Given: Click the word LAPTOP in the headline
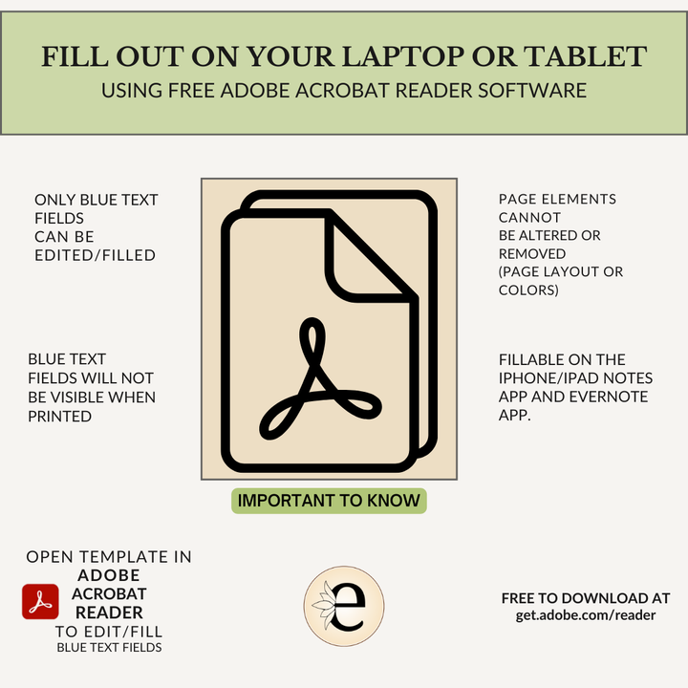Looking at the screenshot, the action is pyautogui.click(x=403, y=56).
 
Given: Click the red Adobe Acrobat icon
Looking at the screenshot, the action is pyautogui.click(x=40, y=601).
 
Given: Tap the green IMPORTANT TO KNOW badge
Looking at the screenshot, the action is pyautogui.click(x=329, y=501).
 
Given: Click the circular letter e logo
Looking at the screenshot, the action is pyautogui.click(x=344, y=606).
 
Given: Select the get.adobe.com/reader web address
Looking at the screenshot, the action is pyautogui.click(x=586, y=615).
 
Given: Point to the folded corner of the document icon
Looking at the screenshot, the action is pyautogui.click(x=363, y=265).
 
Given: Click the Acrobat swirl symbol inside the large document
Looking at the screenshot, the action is pyautogui.click(x=320, y=378).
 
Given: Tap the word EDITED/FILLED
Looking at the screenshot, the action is pyautogui.click(x=96, y=255).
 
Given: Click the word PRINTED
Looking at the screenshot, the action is pyautogui.click(x=59, y=416).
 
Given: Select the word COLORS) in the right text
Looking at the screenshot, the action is pyautogui.click(x=528, y=290).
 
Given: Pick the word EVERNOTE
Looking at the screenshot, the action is pyautogui.click(x=608, y=397).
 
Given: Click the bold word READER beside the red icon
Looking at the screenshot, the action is pyautogui.click(x=109, y=613).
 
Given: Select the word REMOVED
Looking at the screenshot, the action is pyautogui.click(x=532, y=253).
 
